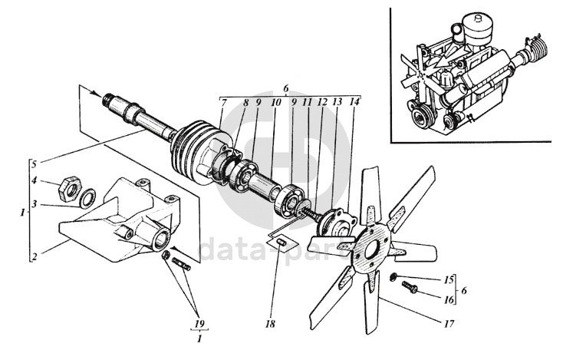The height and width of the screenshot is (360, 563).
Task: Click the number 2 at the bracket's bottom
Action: click(x=34, y=256)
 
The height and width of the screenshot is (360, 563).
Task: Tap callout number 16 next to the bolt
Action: click(x=449, y=294)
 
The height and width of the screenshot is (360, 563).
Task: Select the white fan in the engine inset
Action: click(x=426, y=71)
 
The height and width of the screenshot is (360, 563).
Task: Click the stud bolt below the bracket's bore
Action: click(x=181, y=264)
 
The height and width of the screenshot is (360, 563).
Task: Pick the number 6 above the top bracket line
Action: click(x=285, y=87)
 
